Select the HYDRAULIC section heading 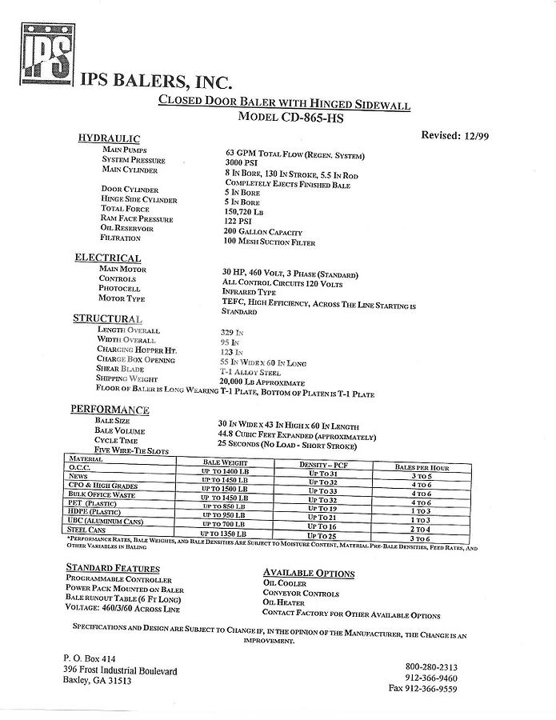pyautogui.click(x=109, y=139)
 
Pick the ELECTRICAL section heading pyautogui.click(x=108, y=258)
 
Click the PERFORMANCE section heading pyautogui.click(x=110, y=410)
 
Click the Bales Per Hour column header pyautogui.click(x=422, y=467)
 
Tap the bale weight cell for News pyautogui.click(x=225, y=480)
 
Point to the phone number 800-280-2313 pyautogui.click(x=431, y=666)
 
